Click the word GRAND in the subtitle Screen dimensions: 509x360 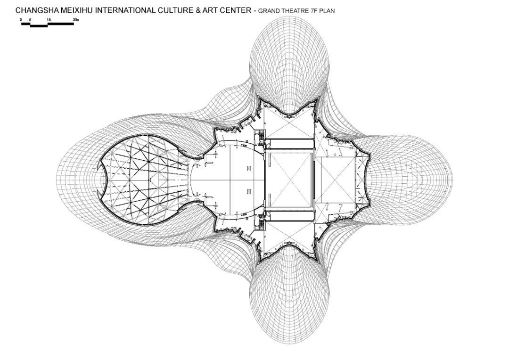[268, 11]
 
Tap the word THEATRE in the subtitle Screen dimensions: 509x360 [294, 11]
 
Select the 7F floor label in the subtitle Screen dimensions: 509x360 [313, 11]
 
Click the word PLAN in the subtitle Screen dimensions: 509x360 [327, 11]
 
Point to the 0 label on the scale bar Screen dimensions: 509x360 [21, 20]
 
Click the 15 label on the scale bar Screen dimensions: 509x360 [49, 20]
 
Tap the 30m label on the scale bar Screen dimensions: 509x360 [76, 20]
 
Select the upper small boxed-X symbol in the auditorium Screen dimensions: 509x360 [249, 168]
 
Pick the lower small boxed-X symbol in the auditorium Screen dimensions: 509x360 [249, 191]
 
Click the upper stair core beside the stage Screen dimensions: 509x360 [261, 136]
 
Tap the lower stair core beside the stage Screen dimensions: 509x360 [261, 223]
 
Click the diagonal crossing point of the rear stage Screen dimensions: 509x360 [335, 180]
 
